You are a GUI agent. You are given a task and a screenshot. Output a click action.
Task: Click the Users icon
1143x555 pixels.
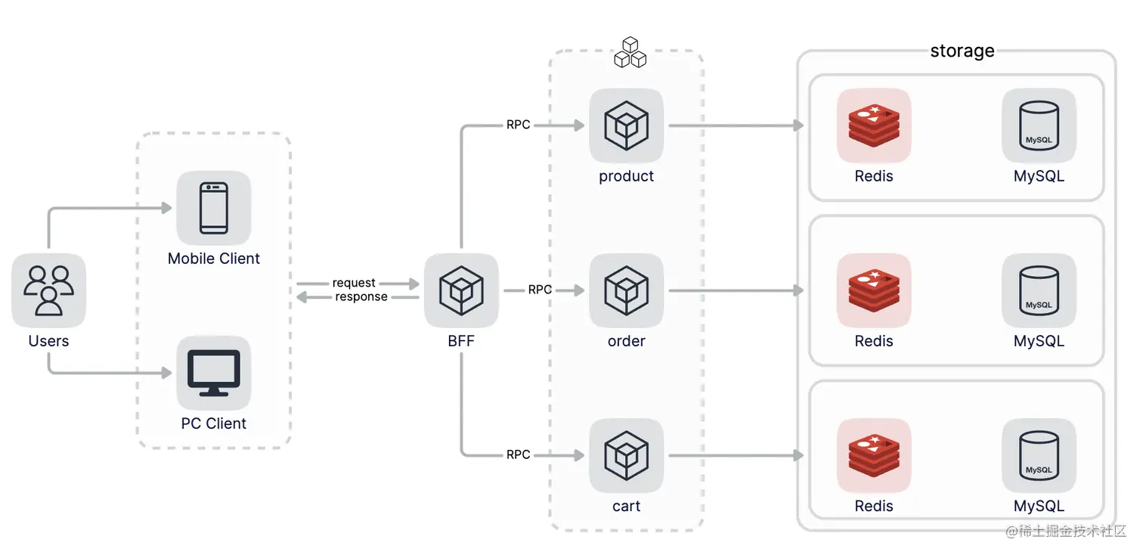(x=48, y=290)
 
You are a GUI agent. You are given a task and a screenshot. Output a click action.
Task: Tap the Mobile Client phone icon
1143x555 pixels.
(x=214, y=208)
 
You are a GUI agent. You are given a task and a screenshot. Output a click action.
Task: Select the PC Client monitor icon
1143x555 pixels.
(x=214, y=373)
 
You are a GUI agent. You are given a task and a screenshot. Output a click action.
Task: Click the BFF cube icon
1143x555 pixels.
(x=461, y=290)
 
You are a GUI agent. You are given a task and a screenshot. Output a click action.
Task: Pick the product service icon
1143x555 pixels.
(x=626, y=126)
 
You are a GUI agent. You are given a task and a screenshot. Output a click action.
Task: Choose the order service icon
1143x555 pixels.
(x=626, y=290)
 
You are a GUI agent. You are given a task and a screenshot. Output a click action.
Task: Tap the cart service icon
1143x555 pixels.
(x=626, y=455)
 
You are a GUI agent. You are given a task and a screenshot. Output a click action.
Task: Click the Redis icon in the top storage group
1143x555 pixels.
(x=874, y=126)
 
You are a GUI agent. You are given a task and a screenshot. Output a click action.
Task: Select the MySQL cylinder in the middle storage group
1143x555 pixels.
(x=1039, y=290)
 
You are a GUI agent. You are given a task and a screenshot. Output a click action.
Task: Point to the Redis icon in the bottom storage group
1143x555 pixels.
(x=874, y=455)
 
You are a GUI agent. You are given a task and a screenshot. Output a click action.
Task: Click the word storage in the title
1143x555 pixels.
(x=962, y=51)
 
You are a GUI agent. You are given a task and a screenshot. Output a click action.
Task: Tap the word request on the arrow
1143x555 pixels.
(x=354, y=283)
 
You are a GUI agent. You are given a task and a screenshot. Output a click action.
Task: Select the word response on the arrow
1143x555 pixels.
(x=361, y=297)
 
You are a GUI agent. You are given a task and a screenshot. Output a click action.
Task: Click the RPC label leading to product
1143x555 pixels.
(x=518, y=125)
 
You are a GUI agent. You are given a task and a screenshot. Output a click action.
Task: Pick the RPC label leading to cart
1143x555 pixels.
(x=518, y=454)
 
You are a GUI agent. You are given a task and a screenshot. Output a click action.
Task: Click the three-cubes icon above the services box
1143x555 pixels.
(x=630, y=52)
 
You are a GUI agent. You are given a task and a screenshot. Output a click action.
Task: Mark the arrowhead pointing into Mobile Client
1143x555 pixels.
(x=166, y=208)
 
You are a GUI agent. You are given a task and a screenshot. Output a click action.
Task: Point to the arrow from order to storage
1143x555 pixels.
(x=736, y=290)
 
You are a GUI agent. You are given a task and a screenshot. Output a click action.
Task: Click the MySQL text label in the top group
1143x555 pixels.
(x=1039, y=176)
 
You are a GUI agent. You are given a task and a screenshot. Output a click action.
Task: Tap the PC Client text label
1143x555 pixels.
(x=214, y=423)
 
